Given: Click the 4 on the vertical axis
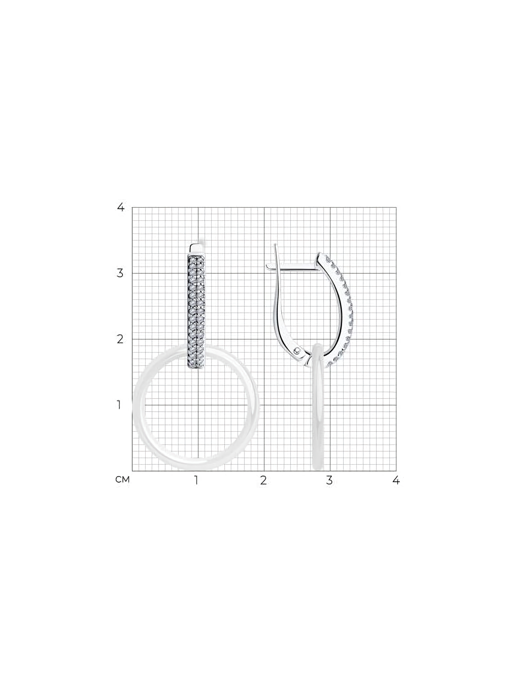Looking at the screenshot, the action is click(121, 207).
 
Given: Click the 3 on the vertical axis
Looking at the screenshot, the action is click(120, 273).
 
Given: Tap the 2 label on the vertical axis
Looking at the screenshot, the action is click(120, 339).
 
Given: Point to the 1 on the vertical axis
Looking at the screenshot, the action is click(119, 405).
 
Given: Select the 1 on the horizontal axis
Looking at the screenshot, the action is click(196, 480).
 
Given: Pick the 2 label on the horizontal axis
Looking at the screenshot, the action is click(263, 480).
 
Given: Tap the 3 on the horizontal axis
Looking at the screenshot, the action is click(330, 480).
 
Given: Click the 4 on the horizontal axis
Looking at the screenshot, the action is click(396, 480).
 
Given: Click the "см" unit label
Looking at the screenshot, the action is click(123, 480).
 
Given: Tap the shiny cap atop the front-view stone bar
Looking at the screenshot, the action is click(197, 249).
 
